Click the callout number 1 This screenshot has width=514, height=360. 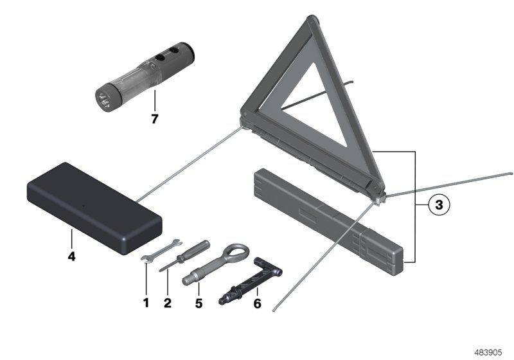click(146, 302)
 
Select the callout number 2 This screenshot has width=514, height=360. click(167, 302)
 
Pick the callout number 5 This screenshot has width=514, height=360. click(199, 302)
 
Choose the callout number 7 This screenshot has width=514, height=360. click(154, 119)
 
